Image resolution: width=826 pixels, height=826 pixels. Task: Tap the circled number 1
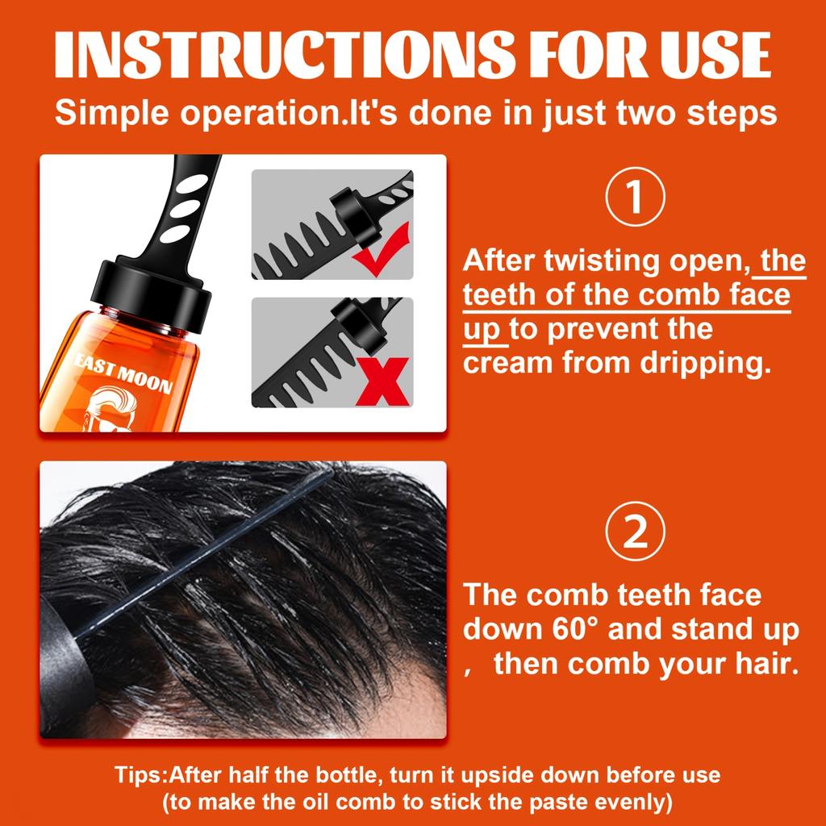click(x=636, y=197)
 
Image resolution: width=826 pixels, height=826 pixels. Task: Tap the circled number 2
click(x=636, y=531)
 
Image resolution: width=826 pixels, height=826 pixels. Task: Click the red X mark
click(x=383, y=382)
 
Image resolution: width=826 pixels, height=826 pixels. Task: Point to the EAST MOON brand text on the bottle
click(x=123, y=372)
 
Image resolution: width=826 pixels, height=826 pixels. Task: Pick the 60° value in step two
click(x=576, y=628)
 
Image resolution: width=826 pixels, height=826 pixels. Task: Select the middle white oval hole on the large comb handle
click(x=186, y=208)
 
